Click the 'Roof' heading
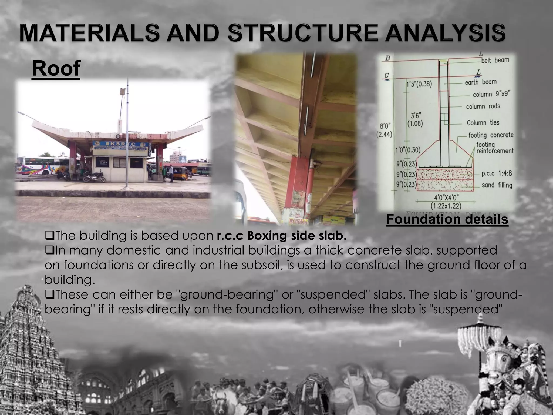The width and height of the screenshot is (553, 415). (x=56, y=69)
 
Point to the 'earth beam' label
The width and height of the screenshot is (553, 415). (x=481, y=82)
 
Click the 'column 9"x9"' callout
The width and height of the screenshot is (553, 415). (x=491, y=94)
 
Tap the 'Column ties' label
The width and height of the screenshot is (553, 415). (x=483, y=123)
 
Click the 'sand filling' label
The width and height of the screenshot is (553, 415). (x=497, y=185)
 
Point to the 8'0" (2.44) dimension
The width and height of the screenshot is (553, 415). (x=385, y=130)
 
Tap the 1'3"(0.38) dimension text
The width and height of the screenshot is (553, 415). (x=419, y=85)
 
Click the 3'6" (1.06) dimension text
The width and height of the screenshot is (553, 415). (x=415, y=120)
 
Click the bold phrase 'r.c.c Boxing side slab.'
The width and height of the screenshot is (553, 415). (x=281, y=236)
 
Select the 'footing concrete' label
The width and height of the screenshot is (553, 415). (x=491, y=135)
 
